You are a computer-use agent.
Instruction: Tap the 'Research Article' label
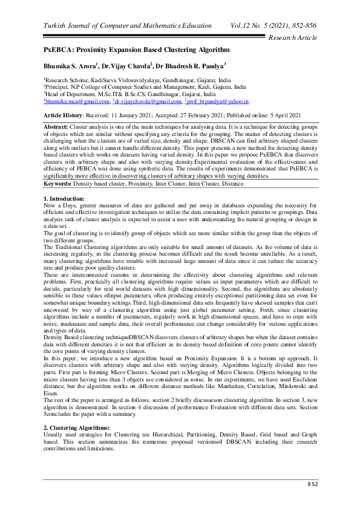292,37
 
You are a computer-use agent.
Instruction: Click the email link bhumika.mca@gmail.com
78,103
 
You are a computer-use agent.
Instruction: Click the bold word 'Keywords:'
58,165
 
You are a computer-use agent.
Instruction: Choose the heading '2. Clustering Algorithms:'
77,427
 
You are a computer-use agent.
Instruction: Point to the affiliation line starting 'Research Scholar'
145,79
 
